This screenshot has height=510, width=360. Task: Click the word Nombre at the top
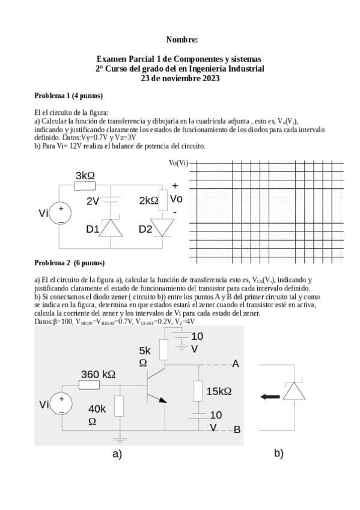tap(182, 40)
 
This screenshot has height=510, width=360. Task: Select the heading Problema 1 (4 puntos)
tap(69, 96)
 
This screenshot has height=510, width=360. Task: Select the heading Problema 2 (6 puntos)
tap(69, 263)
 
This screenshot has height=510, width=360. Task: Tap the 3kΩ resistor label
tap(85, 175)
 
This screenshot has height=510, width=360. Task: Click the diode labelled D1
tap(110, 228)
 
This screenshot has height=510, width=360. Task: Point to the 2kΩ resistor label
tap(147, 200)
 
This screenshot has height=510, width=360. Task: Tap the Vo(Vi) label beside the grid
tap(178, 163)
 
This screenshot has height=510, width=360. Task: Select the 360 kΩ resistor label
tap(98, 374)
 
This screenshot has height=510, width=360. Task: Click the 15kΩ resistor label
tap(219, 392)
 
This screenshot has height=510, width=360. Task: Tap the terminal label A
tap(236, 364)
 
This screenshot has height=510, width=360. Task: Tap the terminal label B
tap(237, 429)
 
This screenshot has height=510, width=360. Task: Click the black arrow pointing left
tap(272, 396)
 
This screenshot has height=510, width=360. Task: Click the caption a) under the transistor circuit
tap(117, 455)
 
